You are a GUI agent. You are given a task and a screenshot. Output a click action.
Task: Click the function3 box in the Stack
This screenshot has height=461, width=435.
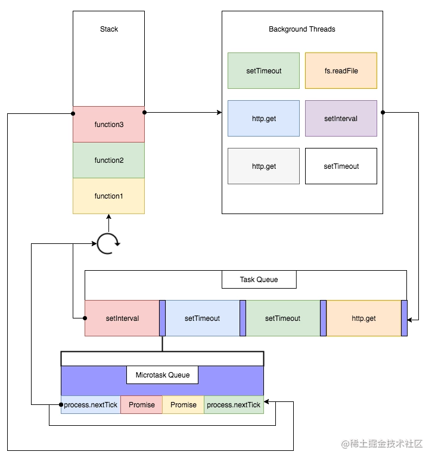[x=108, y=125]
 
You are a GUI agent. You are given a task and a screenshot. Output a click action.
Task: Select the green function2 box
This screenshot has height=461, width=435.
[x=108, y=160]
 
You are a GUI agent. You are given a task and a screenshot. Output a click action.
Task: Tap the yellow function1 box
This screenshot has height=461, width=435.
[x=108, y=196]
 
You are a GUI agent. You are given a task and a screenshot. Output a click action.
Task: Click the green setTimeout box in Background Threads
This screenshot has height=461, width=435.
[x=263, y=71]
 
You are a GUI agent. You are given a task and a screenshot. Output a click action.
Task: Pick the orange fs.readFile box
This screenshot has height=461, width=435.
[x=341, y=71]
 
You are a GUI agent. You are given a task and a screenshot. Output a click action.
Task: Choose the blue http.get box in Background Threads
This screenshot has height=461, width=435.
[x=263, y=119]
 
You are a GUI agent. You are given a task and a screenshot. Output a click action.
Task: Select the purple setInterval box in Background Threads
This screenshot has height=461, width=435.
[x=341, y=119]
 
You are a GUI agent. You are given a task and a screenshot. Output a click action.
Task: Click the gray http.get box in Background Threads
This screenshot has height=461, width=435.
[x=263, y=166]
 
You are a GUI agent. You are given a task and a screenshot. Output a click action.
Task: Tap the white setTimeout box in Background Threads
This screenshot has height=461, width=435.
[x=341, y=166]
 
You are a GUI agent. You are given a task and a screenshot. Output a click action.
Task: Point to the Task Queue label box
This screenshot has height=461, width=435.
[x=259, y=280]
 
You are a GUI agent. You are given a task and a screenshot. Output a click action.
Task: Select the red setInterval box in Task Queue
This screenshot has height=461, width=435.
[x=122, y=318]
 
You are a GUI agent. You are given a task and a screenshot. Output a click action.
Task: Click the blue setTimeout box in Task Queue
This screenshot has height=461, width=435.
[x=202, y=318]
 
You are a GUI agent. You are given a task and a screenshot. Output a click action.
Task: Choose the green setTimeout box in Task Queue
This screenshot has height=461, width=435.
[x=282, y=318]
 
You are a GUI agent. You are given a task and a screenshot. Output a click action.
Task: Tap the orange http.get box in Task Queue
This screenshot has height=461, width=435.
[x=363, y=318]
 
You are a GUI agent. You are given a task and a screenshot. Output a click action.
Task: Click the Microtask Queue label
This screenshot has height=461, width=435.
[x=162, y=375]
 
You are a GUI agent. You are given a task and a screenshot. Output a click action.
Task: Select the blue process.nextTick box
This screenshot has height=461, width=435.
[x=91, y=405]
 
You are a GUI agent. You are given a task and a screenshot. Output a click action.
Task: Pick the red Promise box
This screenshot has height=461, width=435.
[x=142, y=405]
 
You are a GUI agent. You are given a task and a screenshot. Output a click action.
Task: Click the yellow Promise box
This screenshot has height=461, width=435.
[x=184, y=405]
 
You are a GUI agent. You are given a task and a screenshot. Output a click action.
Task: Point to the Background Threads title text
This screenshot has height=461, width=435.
[x=302, y=29]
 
